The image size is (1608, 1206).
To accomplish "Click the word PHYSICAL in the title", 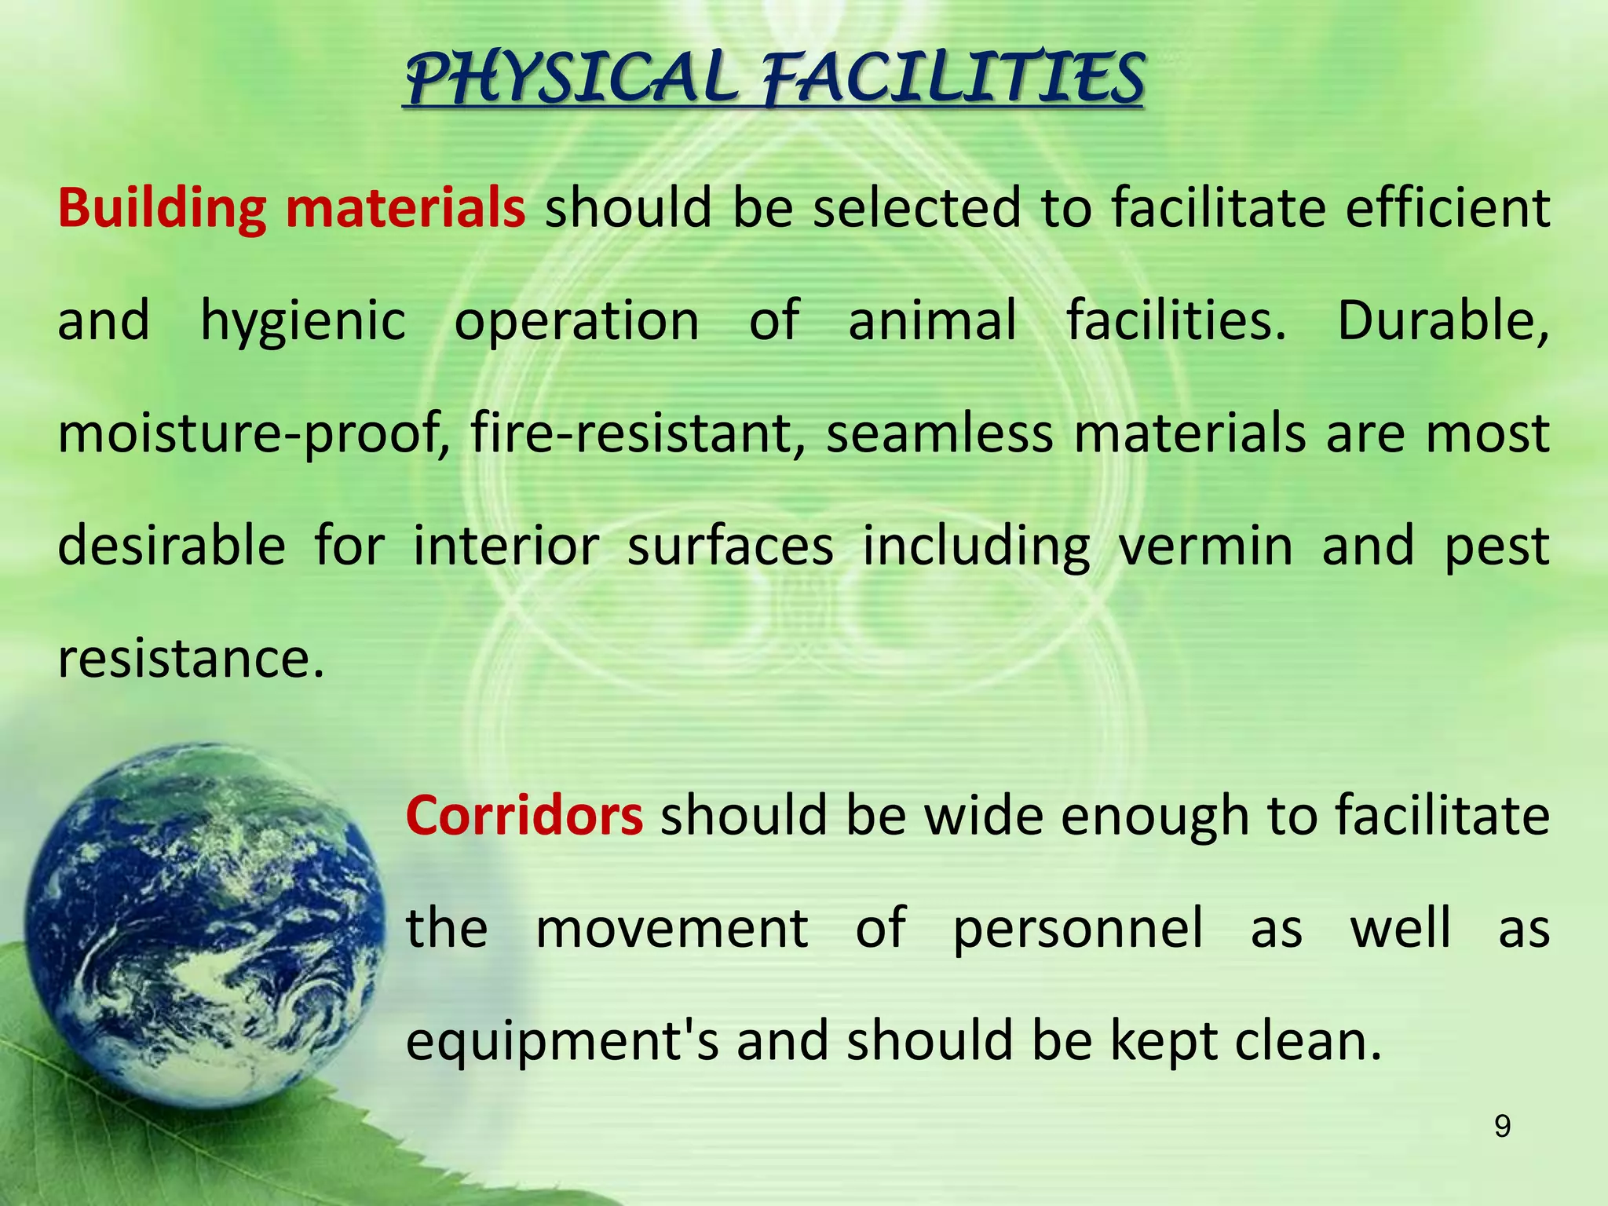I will point(572,79).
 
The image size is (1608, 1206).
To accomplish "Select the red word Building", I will point(161,210).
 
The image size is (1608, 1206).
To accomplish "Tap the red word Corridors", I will point(524,816).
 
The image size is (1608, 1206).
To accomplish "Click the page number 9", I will point(1501,1127).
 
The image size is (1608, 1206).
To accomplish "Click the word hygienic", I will point(302,322).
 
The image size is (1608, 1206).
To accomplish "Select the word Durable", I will point(1442,322).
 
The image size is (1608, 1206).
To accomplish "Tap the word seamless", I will point(939,433).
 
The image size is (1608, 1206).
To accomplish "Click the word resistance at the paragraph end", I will point(190,659).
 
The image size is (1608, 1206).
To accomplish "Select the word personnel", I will point(1077,928).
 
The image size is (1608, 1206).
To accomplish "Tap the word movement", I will point(671,928).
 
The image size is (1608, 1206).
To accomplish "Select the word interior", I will point(506,546).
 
